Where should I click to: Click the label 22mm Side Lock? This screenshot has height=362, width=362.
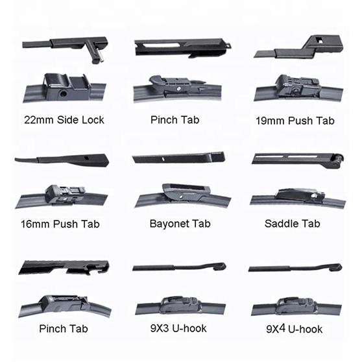(64, 120)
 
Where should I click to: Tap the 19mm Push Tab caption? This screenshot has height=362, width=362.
(295, 121)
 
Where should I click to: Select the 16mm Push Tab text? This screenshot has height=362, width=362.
(60, 224)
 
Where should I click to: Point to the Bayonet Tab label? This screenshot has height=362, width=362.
(180, 224)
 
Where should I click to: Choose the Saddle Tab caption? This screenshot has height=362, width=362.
(293, 223)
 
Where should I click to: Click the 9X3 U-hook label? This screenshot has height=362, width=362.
(178, 328)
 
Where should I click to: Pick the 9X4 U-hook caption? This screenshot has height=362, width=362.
(295, 329)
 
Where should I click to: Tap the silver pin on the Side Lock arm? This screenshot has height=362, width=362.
(101, 56)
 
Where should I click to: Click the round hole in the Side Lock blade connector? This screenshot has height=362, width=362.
(63, 93)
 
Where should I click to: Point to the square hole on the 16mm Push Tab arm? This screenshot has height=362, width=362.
(86, 158)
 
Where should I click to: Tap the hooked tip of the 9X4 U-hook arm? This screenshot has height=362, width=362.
(336, 267)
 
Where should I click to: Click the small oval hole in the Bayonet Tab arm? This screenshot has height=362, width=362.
(163, 159)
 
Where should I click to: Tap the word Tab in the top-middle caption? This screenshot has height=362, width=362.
(190, 120)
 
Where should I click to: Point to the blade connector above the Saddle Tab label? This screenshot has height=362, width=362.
(300, 195)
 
